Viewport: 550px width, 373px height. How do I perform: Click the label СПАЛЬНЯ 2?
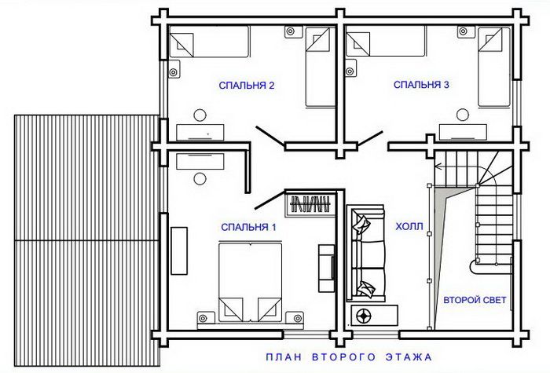pos(247,86)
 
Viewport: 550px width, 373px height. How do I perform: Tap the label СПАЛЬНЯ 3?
pos(421,85)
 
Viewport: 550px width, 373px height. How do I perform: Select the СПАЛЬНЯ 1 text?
pos(249,228)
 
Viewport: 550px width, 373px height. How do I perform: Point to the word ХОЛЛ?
pos(409,226)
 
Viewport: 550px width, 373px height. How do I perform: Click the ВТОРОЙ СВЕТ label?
pos(475,301)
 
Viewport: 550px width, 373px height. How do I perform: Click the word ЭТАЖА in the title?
pos(409,357)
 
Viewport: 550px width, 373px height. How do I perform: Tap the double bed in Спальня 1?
pos(250,281)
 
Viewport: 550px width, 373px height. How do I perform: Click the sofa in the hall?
pos(366,253)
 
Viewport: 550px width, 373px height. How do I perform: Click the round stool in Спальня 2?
pos(200,115)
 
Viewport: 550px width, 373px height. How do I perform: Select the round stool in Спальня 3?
pos(463,115)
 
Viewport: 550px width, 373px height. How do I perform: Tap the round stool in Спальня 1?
pos(200,179)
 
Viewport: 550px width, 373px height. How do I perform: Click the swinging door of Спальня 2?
pos(270,137)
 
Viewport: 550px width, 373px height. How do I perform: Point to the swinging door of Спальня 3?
pos(370,138)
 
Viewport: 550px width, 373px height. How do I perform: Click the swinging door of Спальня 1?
pos(269,200)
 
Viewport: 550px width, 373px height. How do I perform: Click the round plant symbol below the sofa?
pos(363,316)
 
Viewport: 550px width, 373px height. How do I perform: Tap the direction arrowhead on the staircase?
pos(438,166)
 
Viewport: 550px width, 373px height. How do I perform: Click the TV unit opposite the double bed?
pos(326,269)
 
